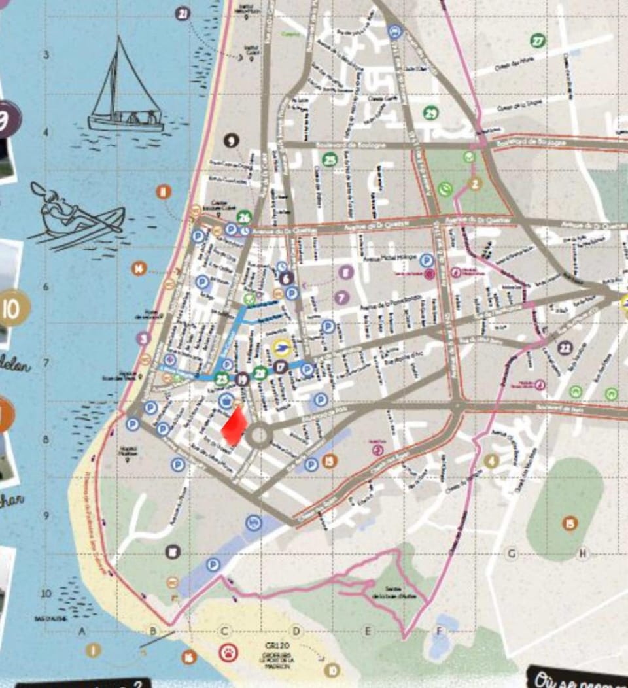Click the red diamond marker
[x=234, y=426]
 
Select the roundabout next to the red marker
[x=259, y=435]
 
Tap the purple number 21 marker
[x=183, y=13]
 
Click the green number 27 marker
[x=538, y=41]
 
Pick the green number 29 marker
[x=430, y=113]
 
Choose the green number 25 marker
[x=330, y=158]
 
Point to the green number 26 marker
[x=244, y=216]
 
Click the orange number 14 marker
[x=139, y=268]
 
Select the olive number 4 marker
[x=491, y=461]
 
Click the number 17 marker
[x=281, y=367]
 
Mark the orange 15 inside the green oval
[x=570, y=523]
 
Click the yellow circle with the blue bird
[x=281, y=349]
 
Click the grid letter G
[x=511, y=553]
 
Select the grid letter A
[x=82, y=631]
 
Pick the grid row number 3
[x=46, y=55]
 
